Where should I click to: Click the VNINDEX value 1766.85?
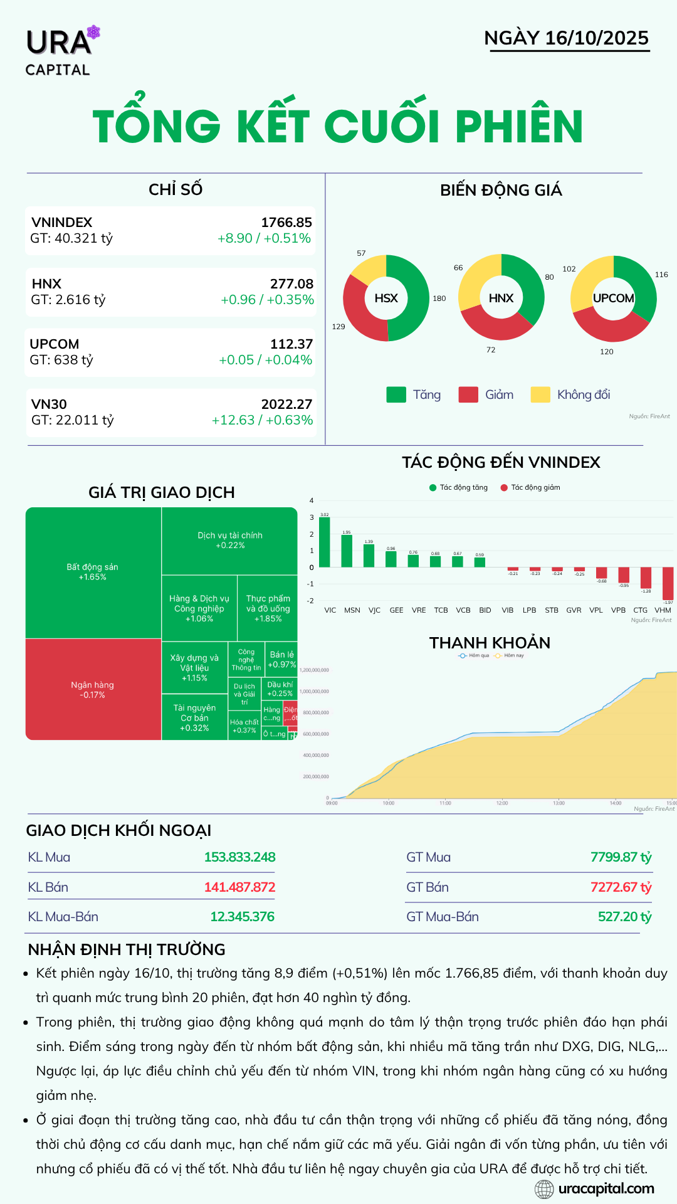(286, 223)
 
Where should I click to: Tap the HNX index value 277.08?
(291, 284)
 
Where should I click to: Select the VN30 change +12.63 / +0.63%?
(262, 420)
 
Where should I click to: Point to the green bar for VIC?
(324, 542)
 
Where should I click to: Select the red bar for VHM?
(668, 583)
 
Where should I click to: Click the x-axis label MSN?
(352, 610)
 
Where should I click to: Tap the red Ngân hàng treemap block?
(93, 689)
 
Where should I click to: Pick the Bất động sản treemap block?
(93, 572)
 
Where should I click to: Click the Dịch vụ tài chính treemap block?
(230, 541)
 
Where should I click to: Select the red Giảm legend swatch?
(468, 394)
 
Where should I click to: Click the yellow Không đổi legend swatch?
(540, 394)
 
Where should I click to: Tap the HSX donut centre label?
(386, 298)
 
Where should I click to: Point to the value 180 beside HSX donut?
(439, 298)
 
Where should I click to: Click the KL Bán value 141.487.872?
(239, 887)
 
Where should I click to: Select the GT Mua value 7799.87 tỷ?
(621, 857)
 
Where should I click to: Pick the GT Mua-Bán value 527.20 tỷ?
(624, 917)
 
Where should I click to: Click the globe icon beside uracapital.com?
(544, 1188)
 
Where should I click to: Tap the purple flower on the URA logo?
(93, 32)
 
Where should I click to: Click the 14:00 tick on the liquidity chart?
(616, 803)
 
